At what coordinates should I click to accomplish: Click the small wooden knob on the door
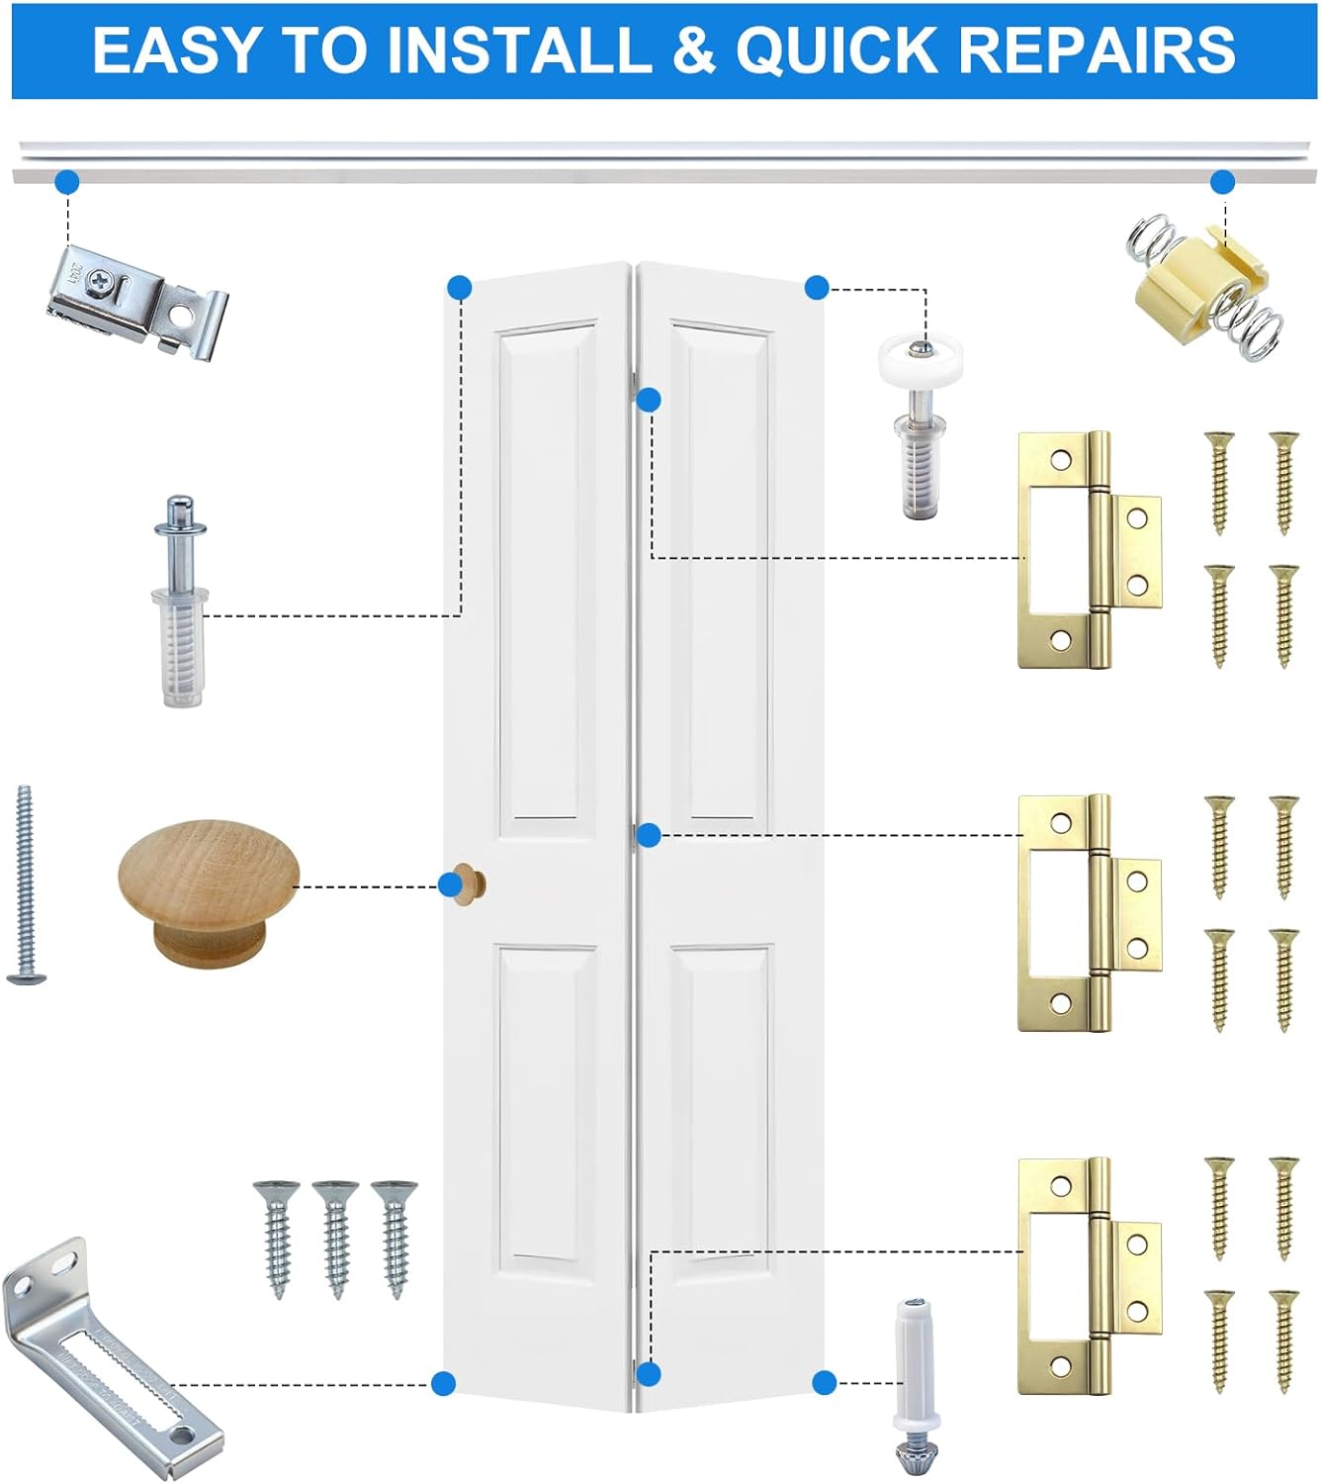pos(467,883)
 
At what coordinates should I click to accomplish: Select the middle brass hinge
pos(1088,913)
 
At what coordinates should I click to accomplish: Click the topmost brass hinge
pos(1088,549)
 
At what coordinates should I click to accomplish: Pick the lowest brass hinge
pos(1088,1276)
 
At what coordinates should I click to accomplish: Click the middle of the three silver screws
pos(336,1237)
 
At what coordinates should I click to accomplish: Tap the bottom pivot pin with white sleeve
pos(914,1385)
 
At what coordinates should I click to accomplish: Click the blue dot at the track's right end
pos(1223,182)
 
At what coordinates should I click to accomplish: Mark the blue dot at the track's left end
pos(67,182)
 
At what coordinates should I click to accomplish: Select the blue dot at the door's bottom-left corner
pos(444,1383)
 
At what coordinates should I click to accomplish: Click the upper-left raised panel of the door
pos(547,574)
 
